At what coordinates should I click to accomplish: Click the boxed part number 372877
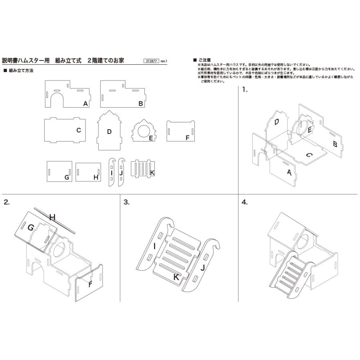[x=151, y=61]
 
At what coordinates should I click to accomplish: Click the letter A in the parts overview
[x=86, y=103]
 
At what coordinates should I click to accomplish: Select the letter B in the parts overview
[x=140, y=103]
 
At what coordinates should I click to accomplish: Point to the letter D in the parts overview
[x=109, y=131]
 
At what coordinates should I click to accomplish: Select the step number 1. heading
[x=245, y=90]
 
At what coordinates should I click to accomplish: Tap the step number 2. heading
[x=6, y=202]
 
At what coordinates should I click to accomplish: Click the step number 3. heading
[x=126, y=202]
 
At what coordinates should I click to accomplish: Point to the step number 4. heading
[x=245, y=202]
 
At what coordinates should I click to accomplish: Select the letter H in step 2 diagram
[x=52, y=217]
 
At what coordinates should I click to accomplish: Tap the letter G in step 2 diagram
[x=30, y=227]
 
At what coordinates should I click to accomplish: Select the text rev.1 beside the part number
[x=164, y=62]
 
